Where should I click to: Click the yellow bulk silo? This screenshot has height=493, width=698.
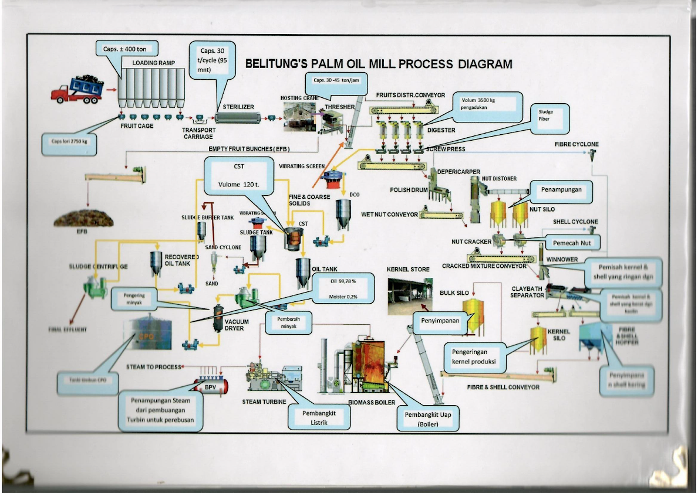(473, 315)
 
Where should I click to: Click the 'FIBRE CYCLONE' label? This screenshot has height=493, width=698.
(576, 144)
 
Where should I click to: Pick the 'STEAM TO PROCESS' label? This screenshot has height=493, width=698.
(153, 367)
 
